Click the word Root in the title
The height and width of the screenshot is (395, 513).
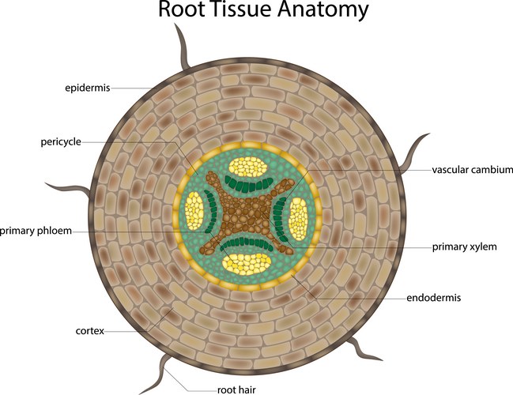click(x=183, y=11)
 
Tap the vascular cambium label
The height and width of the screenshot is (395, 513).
click(x=472, y=169)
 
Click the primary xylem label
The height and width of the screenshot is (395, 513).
click(x=464, y=246)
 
